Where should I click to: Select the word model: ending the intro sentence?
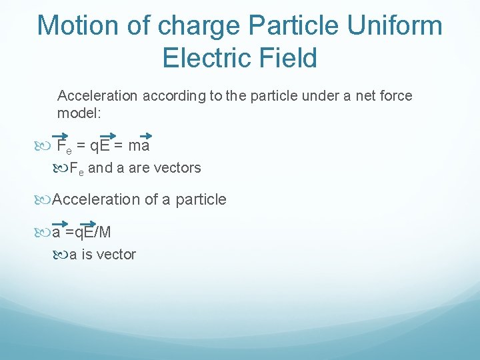coord(79,113)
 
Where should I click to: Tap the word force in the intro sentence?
coord(396,96)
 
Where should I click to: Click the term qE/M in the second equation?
coord(93,232)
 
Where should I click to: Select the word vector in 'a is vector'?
coord(115,254)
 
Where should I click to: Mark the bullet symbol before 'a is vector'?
coord(61,255)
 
